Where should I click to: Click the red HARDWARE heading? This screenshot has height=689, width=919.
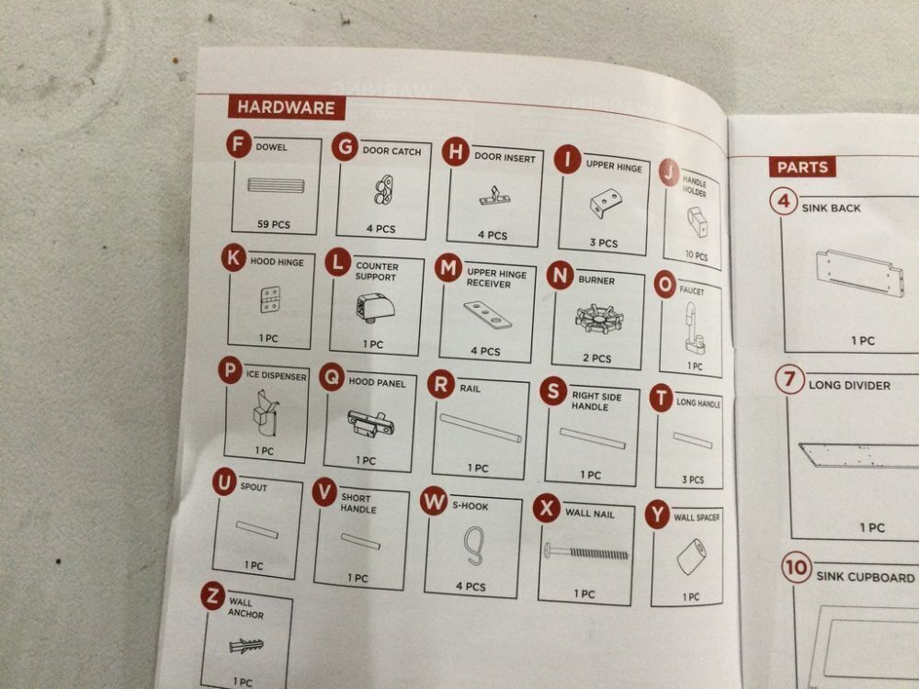(286, 107)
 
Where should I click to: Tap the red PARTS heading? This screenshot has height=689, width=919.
(801, 167)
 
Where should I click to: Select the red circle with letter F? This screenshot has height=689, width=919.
(239, 144)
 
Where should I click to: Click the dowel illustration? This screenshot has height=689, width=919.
(276, 186)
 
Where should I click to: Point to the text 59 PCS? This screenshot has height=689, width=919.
(274, 224)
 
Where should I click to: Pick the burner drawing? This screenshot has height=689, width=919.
(599, 320)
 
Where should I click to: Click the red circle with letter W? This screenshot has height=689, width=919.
(434, 502)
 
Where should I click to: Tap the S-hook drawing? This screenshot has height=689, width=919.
(473, 546)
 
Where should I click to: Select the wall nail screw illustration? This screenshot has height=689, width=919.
(585, 552)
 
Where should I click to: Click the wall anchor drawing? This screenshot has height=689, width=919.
(246, 646)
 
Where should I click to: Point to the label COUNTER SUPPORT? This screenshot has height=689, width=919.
(376, 271)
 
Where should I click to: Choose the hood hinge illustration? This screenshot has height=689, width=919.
(269, 299)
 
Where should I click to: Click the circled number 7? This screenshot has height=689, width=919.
(789, 379)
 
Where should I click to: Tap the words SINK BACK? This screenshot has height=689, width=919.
(831, 208)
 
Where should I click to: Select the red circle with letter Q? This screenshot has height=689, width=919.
(332, 378)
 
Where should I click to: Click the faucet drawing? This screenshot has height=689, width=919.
(694, 329)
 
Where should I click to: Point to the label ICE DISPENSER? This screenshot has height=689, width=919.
(276, 376)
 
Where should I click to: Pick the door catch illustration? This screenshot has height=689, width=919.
(383, 190)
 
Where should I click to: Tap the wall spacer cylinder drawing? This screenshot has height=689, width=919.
(691, 557)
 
